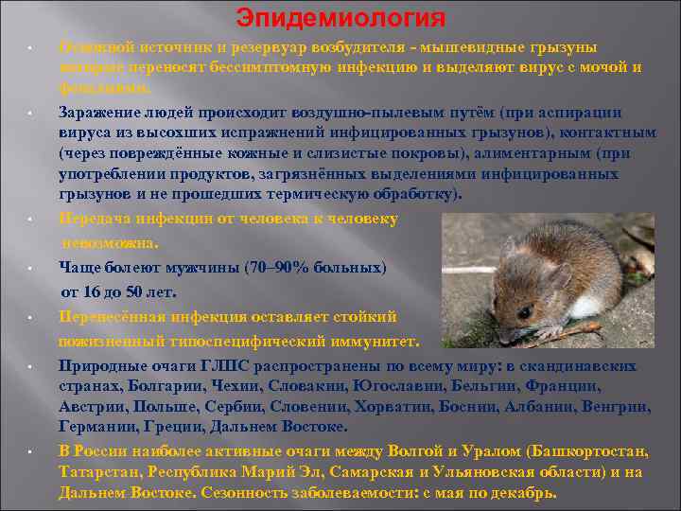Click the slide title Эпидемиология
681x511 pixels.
click(340, 18)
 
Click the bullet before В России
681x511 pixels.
click(31, 451)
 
